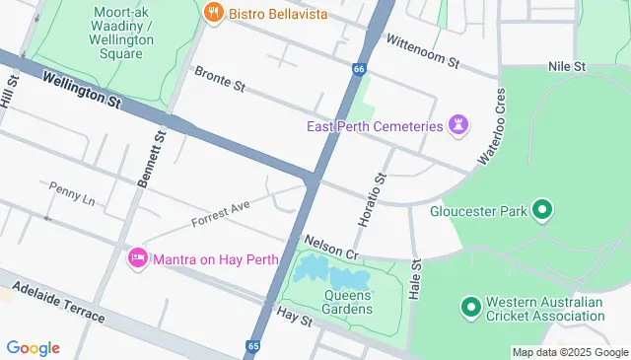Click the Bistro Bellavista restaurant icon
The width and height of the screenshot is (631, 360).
212,13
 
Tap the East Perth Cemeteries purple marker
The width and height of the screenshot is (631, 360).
457,124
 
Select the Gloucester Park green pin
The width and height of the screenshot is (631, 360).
541,209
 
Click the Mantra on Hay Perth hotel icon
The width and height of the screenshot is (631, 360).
138,258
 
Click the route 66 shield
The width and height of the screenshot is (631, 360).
359,69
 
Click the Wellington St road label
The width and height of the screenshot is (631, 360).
81,95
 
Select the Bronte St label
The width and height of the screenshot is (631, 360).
219,79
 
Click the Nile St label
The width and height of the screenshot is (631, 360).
567,66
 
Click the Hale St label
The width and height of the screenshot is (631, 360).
415,280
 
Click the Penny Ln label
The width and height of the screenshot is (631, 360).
71,192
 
